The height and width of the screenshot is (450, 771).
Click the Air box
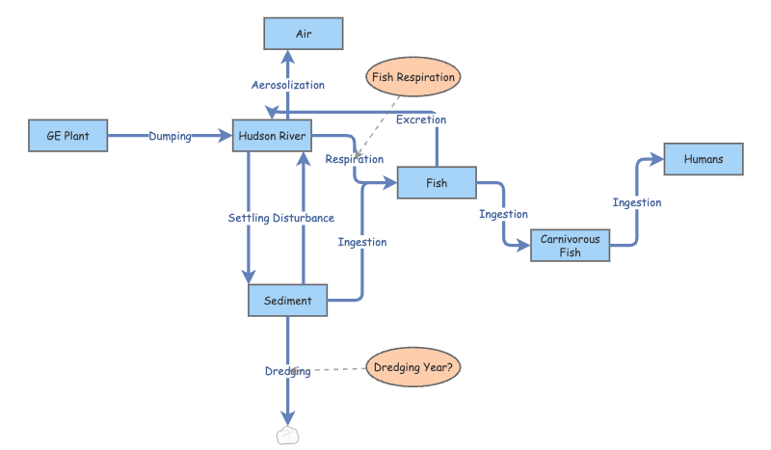point(304,34)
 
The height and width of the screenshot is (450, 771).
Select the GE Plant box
point(67,136)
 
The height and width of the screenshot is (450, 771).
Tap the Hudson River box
point(273,136)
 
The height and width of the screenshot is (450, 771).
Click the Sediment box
point(287,300)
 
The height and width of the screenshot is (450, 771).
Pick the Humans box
point(704,159)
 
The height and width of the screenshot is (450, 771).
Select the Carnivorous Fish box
point(570,246)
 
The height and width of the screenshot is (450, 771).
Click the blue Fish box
point(437,182)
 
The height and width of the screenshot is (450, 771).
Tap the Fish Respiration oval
point(412,76)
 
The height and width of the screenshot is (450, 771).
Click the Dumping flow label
point(170,137)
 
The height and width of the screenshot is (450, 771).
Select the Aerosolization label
point(288,86)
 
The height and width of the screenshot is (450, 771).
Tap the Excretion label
point(421,119)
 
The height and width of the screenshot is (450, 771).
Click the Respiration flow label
point(354,159)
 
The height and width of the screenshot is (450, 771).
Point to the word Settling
point(249,218)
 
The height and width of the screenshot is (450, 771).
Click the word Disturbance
point(304,218)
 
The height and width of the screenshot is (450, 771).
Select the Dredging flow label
point(287,371)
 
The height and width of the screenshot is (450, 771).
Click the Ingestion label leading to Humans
point(637,202)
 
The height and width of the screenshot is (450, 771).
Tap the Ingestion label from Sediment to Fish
point(362,242)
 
